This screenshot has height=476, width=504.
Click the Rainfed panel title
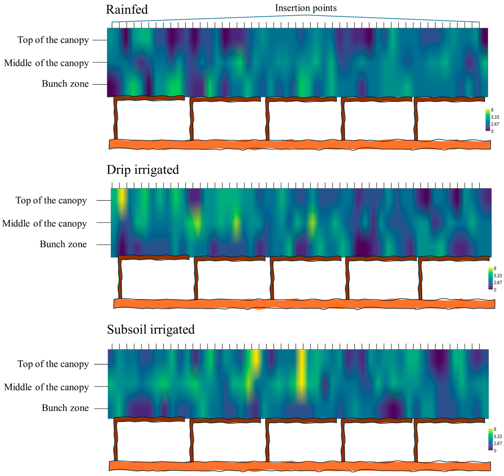127,10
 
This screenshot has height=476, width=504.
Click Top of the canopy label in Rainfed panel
53,40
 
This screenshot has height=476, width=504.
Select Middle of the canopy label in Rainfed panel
46,63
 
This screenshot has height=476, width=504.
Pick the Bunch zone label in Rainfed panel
65,84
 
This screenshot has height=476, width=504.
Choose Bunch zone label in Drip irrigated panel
63,244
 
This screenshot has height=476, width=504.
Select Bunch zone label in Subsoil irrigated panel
65,408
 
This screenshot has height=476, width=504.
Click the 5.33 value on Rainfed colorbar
495,117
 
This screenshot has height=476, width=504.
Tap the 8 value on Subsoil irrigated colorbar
495,429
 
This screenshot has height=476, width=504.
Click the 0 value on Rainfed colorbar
492,131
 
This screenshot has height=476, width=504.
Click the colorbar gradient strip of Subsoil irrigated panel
490,440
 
